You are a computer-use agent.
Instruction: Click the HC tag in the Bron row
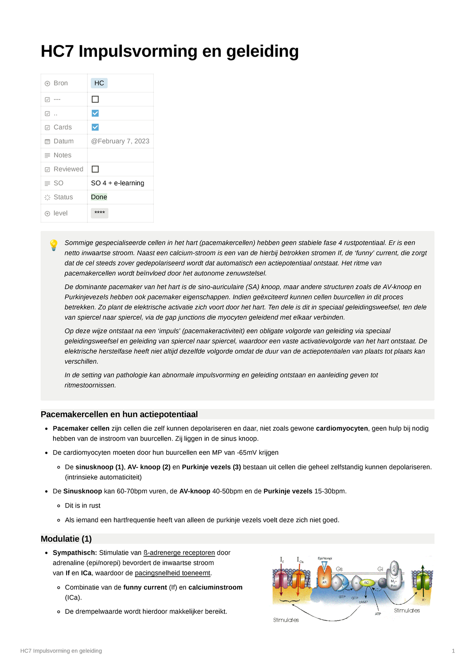point(99,83)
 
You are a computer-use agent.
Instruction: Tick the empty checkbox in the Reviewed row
point(95,169)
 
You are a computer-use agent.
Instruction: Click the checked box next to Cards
point(95,127)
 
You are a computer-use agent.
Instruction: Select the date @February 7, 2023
point(120,141)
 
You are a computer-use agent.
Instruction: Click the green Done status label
point(99,197)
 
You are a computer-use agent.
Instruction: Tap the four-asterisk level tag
point(99,213)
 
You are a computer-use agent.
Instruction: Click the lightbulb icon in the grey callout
point(53,245)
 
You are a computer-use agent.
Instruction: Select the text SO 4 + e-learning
point(118,183)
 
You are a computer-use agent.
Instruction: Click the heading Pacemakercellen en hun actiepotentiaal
point(119,414)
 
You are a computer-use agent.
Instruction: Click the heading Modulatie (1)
point(66,539)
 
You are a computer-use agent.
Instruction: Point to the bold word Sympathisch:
point(75,553)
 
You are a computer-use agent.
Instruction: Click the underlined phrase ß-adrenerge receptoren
point(179,553)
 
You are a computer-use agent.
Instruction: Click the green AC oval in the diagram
point(366,582)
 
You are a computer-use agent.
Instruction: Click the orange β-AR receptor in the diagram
point(325,577)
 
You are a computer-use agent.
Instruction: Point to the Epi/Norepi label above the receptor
point(325,558)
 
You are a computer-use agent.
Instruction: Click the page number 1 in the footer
point(453,651)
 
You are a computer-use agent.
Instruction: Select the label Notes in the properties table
point(63,155)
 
